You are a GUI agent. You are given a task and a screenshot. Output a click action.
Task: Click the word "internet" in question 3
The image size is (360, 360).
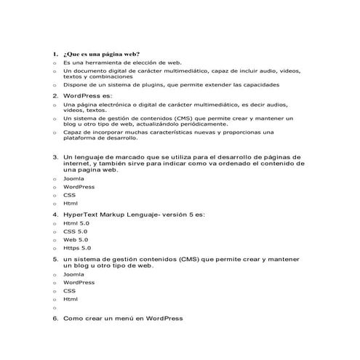[78, 164]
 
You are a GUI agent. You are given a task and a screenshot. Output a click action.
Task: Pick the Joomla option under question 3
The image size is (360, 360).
[73, 178]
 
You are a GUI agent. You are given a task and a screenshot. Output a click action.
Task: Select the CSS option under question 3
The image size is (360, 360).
[69, 195]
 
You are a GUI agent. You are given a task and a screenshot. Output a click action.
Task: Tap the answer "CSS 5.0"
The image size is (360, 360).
[75, 231]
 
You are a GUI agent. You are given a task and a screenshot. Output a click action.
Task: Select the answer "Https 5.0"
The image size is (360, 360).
[77, 247]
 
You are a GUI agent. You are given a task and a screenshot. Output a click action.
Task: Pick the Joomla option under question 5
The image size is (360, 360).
[73, 275]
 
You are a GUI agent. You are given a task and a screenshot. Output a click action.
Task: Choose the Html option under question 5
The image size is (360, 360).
[71, 299]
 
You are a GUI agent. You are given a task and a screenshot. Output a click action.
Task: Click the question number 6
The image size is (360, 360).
[55, 319]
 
